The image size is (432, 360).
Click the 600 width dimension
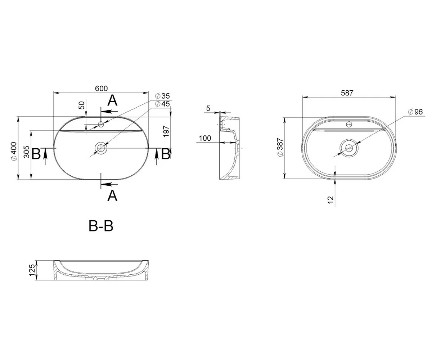pos(101,89)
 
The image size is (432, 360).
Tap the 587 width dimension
pos(347,93)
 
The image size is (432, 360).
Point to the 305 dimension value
pos(27,152)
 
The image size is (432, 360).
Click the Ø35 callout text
pos(162,96)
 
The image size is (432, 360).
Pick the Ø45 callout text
pos(162,104)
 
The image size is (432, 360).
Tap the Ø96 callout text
pos(415,112)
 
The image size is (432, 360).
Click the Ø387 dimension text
pos(280,147)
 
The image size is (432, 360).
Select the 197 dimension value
pos(166,131)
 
